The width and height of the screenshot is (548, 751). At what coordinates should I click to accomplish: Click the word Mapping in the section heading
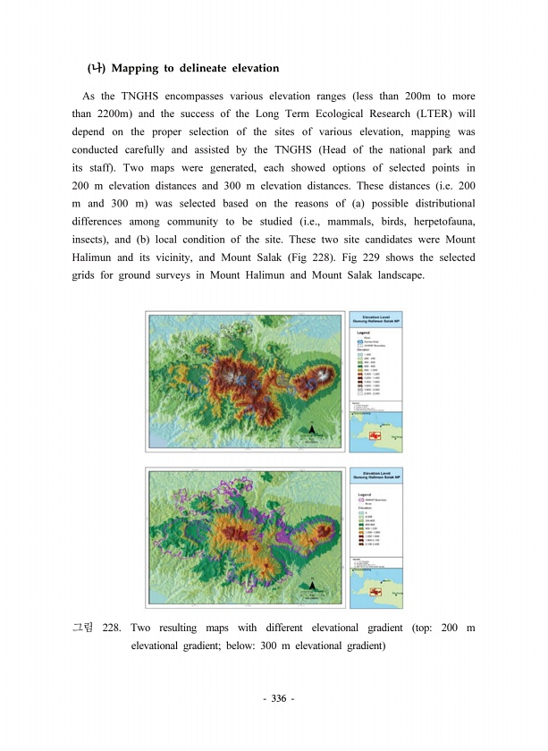tap(137, 68)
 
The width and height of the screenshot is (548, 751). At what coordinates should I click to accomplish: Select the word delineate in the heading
tap(205, 68)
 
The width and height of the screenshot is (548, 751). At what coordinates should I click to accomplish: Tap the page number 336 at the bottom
tap(273, 697)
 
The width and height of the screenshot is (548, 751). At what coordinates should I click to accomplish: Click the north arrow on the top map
tap(310, 433)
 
